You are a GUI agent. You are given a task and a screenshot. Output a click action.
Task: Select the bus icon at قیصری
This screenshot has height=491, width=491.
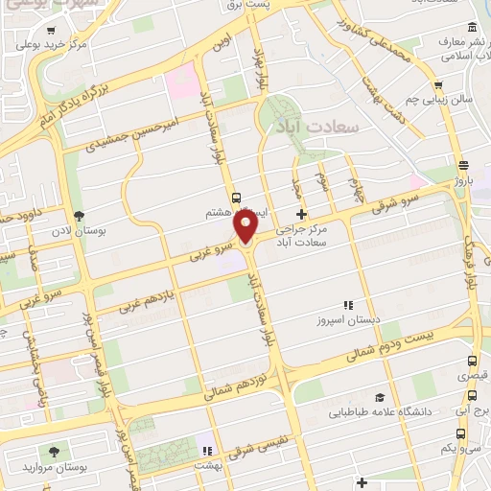click(471, 362)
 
